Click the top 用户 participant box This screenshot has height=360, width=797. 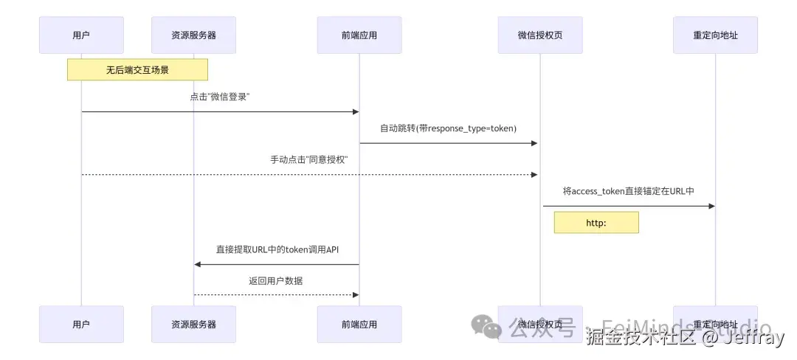point(81,35)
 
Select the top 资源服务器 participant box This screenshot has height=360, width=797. point(193,35)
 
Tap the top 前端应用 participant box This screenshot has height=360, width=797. point(359,35)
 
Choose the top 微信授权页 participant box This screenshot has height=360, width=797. point(539,35)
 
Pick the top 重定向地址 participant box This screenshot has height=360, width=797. point(715,35)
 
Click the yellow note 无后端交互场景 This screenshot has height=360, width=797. point(137,70)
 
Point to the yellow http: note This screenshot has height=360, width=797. point(596,222)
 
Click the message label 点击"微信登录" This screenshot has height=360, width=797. point(220,97)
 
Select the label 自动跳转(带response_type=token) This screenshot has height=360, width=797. point(449,128)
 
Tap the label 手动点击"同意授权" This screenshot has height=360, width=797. point(309,159)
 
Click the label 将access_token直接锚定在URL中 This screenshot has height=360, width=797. point(628,191)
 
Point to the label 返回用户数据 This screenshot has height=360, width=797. point(276,280)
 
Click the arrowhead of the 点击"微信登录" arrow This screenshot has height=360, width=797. point(355,112)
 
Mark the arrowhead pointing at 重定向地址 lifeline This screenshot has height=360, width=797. point(711,207)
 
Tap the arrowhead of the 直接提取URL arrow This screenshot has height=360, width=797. point(198,264)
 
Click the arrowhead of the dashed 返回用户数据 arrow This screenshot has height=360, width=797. point(355,295)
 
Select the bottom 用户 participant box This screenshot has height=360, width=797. point(81,325)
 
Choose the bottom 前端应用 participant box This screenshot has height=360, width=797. point(359,325)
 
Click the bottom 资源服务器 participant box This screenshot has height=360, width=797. point(193,325)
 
